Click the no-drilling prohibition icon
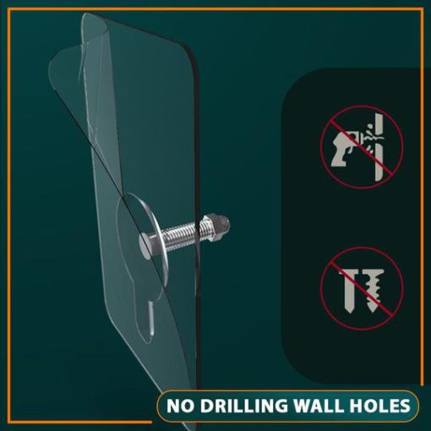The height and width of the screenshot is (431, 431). coord(362,147)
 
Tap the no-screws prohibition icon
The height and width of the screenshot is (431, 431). coord(362,288)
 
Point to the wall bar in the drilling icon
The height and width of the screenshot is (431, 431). coord(379,147)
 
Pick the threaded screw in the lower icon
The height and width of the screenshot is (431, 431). coord(373,291)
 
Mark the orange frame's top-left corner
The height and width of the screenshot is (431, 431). coord(8,9)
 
